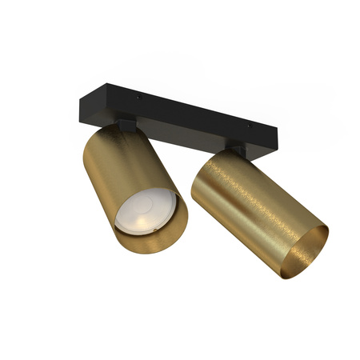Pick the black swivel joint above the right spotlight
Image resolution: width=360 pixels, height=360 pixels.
point(238,150)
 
